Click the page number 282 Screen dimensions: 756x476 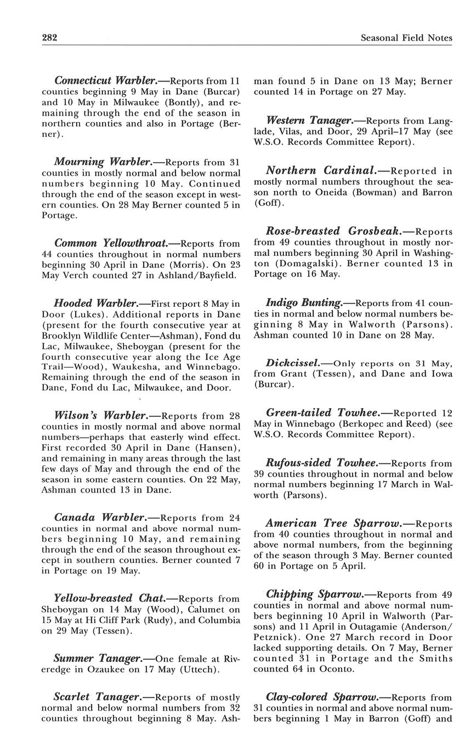50,38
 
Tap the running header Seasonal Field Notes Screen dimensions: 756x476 406,38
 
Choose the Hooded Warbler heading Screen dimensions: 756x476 95,303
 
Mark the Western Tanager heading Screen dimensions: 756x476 309,120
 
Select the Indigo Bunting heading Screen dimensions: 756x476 304,302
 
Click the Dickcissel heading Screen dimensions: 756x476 293,363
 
